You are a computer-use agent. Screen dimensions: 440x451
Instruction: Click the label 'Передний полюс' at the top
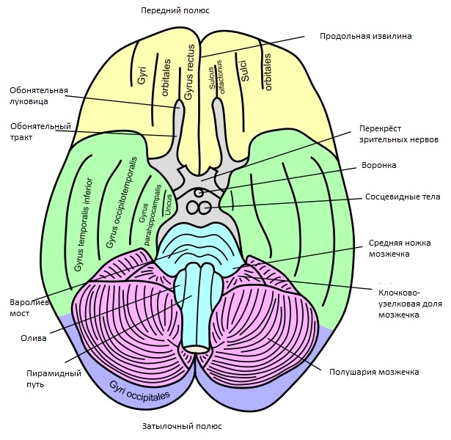(x=176, y=10)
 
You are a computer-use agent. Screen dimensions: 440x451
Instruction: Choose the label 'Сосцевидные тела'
(x=392, y=197)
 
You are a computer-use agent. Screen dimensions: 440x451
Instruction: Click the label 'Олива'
(x=34, y=338)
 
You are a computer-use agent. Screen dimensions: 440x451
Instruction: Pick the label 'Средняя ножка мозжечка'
(x=400, y=249)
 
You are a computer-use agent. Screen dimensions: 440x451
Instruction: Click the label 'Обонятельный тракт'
(x=40, y=131)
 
